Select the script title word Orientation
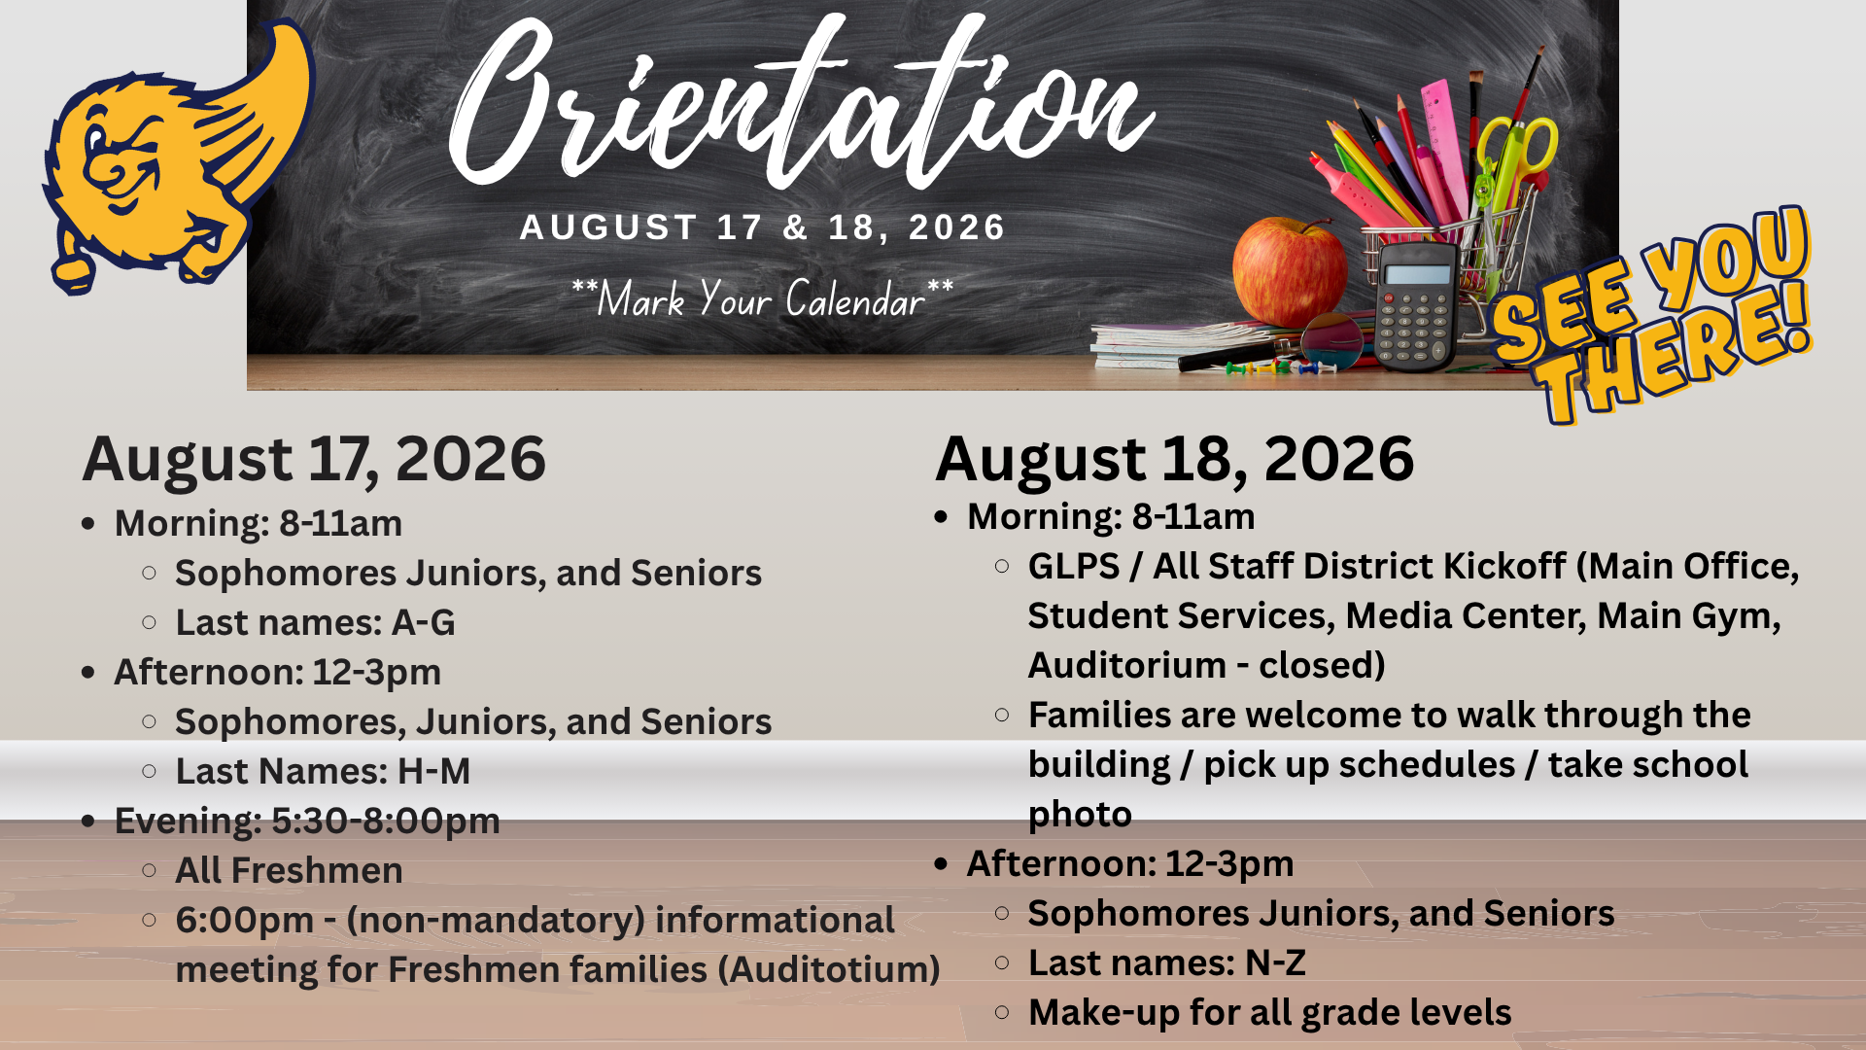[x=802, y=102]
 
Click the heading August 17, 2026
[x=314, y=459]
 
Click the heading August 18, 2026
[x=1174, y=459]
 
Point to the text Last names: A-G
[x=315, y=622]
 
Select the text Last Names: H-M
[x=323, y=771]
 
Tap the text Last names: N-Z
[x=1166, y=962]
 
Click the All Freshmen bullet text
[x=289, y=870]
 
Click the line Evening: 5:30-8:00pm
[x=307, y=821]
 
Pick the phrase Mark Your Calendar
[x=761, y=299]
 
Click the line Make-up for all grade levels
[x=1269, y=1012]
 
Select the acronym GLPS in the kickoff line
[x=1074, y=566]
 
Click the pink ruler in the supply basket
[x=1445, y=146]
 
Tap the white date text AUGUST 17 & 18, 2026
[x=763, y=227]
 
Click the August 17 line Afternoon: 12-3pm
[x=278, y=672]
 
